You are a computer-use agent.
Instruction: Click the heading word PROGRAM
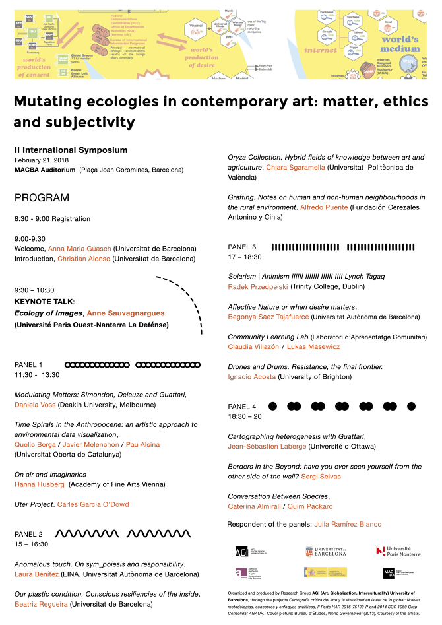coord(42,198)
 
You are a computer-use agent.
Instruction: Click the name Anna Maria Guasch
coord(80,249)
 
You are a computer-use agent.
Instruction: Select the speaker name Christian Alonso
coord(85,259)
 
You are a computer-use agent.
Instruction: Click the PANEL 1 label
coord(28,364)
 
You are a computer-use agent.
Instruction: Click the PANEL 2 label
coord(28,534)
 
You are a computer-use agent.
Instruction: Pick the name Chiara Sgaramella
coord(296,168)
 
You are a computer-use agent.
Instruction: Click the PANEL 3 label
coord(241,247)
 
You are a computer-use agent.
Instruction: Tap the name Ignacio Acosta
coord(252,376)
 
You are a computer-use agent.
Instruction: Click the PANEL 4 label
coord(241,406)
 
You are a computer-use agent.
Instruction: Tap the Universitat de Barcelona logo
coord(326,551)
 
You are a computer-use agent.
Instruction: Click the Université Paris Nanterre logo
coord(398,551)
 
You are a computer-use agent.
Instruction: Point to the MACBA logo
coord(389,573)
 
